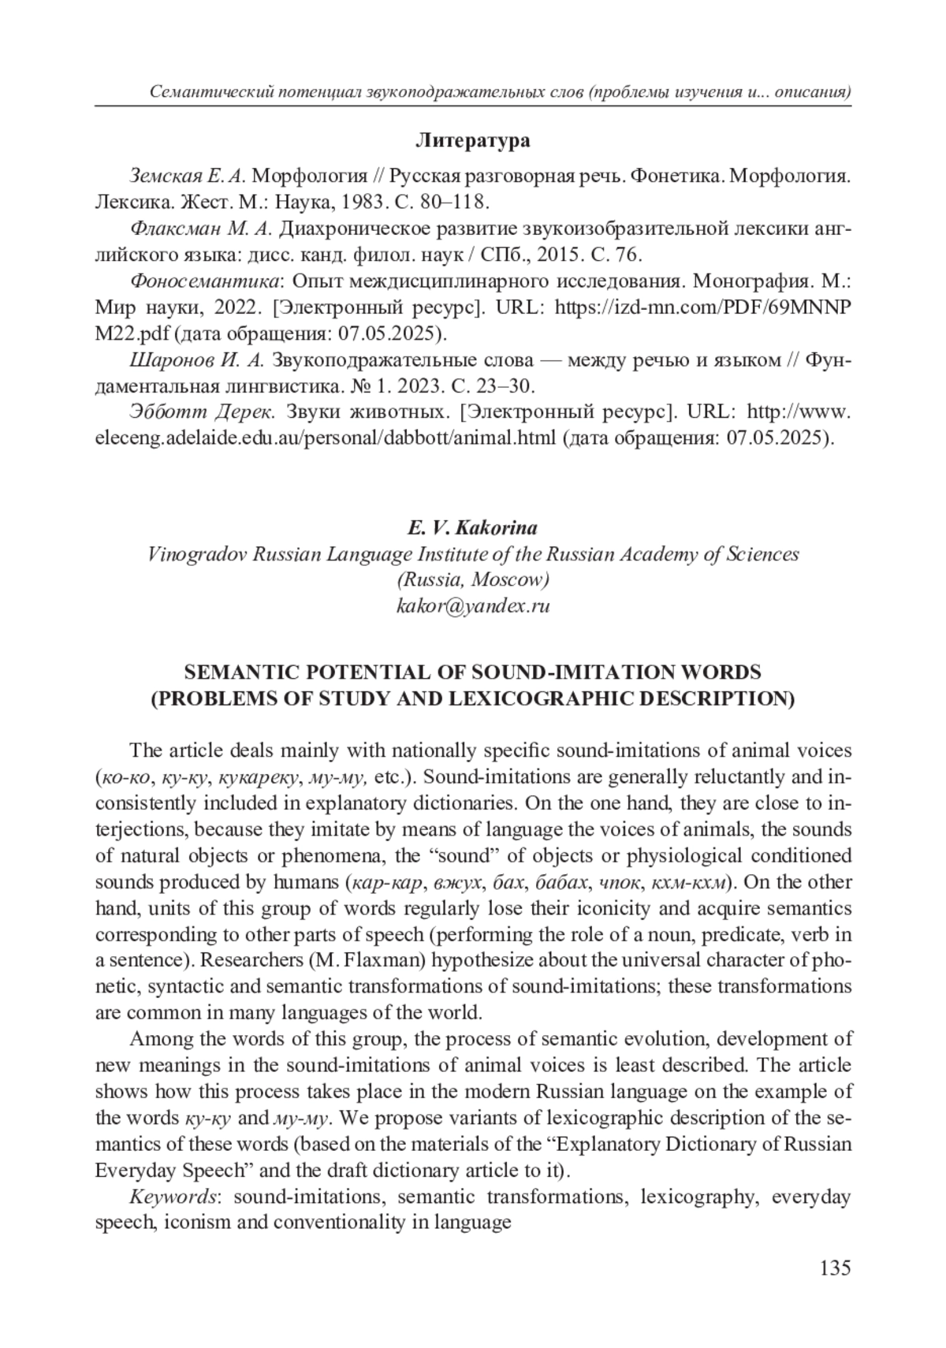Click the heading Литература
[472, 141]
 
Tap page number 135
[835, 1268]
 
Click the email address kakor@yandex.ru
[472, 605]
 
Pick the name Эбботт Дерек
[201, 412]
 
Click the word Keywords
[173, 1197]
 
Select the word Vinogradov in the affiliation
[196, 554]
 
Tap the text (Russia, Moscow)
[472, 579]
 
